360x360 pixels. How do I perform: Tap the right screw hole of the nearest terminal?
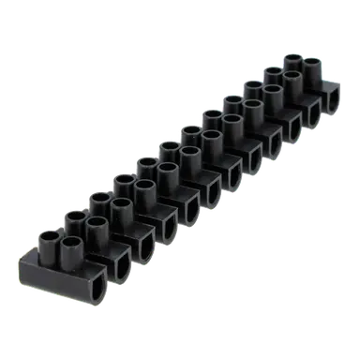pos(70,244)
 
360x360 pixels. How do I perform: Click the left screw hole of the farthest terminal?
pos(292,62)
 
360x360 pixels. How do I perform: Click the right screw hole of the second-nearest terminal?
pos(96,224)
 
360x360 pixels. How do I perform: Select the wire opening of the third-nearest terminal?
pos(142,247)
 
